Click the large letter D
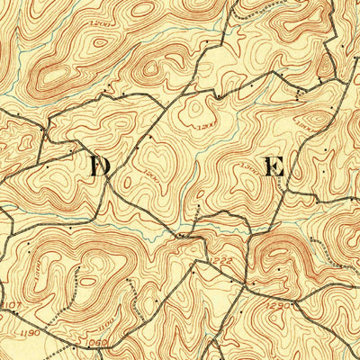(99, 166)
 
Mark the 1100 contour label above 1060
(106, 320)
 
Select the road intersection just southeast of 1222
(241, 286)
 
